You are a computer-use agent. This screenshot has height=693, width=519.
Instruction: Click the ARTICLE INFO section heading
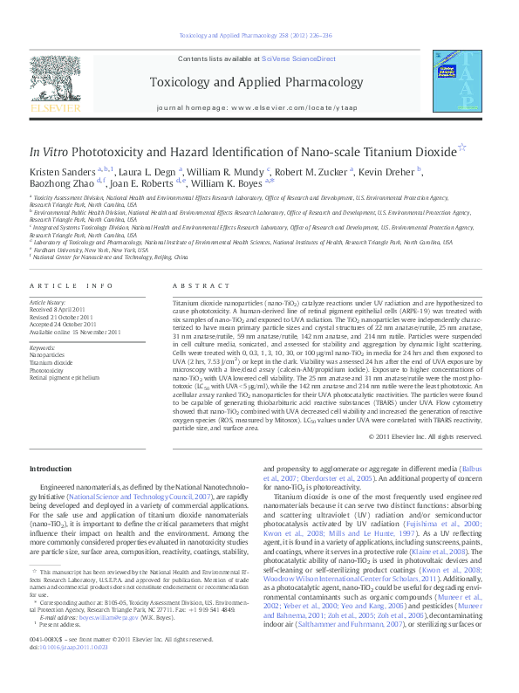point(72,286)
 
